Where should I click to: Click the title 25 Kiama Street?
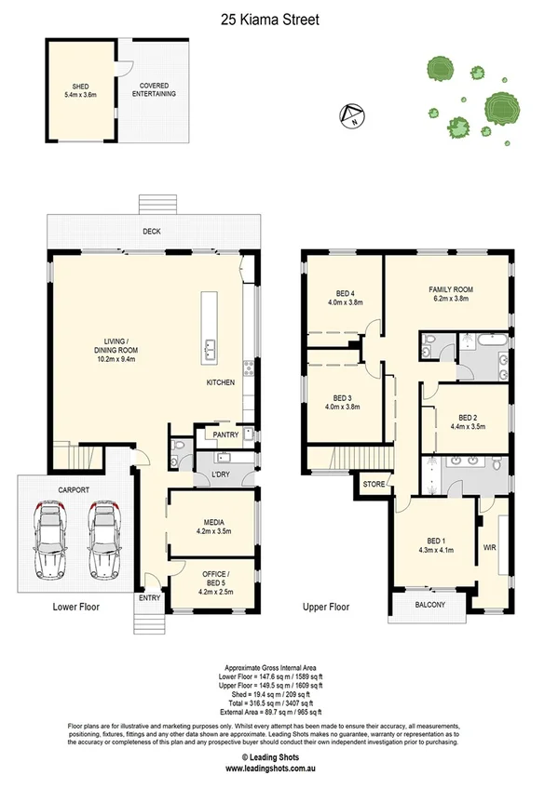[x=279, y=16]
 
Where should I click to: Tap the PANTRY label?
[x=225, y=435]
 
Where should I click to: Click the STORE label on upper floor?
[x=373, y=484]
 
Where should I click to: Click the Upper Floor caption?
[x=326, y=607]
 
